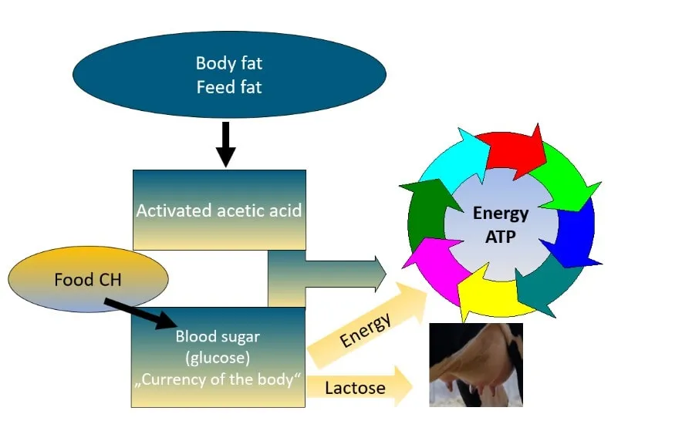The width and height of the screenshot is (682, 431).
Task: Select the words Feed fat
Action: point(228,87)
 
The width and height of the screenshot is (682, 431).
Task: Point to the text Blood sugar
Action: point(218,337)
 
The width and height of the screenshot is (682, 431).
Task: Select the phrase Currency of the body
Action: point(218,379)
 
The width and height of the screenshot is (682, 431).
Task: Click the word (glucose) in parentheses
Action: point(218,358)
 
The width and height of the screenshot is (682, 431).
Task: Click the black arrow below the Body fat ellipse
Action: point(225,143)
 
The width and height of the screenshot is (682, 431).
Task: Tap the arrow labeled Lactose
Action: point(363,387)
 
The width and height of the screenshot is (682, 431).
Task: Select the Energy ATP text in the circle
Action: point(501,224)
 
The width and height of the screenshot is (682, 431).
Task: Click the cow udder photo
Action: point(476,364)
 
